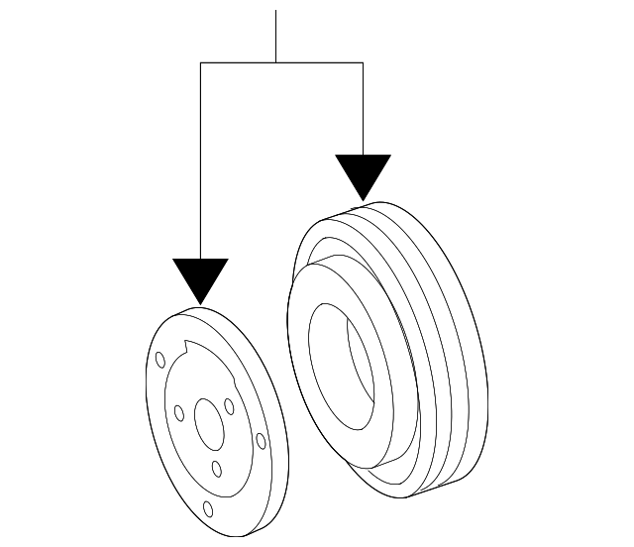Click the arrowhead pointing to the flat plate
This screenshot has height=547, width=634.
tap(200, 278)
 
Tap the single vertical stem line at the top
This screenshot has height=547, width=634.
tap(275, 36)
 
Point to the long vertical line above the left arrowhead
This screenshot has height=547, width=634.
tap(200, 159)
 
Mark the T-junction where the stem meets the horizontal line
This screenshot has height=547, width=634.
tap(275, 62)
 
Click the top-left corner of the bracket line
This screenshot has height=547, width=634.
tap(200, 62)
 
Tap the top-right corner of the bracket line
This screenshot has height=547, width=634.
tap(363, 62)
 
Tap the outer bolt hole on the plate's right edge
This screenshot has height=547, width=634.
tap(261, 441)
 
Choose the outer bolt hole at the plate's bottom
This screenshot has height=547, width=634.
tap(207, 509)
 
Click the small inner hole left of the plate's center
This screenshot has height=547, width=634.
tap(179, 412)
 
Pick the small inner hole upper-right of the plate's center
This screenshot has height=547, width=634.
tap(229, 405)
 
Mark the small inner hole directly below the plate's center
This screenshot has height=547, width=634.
tap(217, 470)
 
